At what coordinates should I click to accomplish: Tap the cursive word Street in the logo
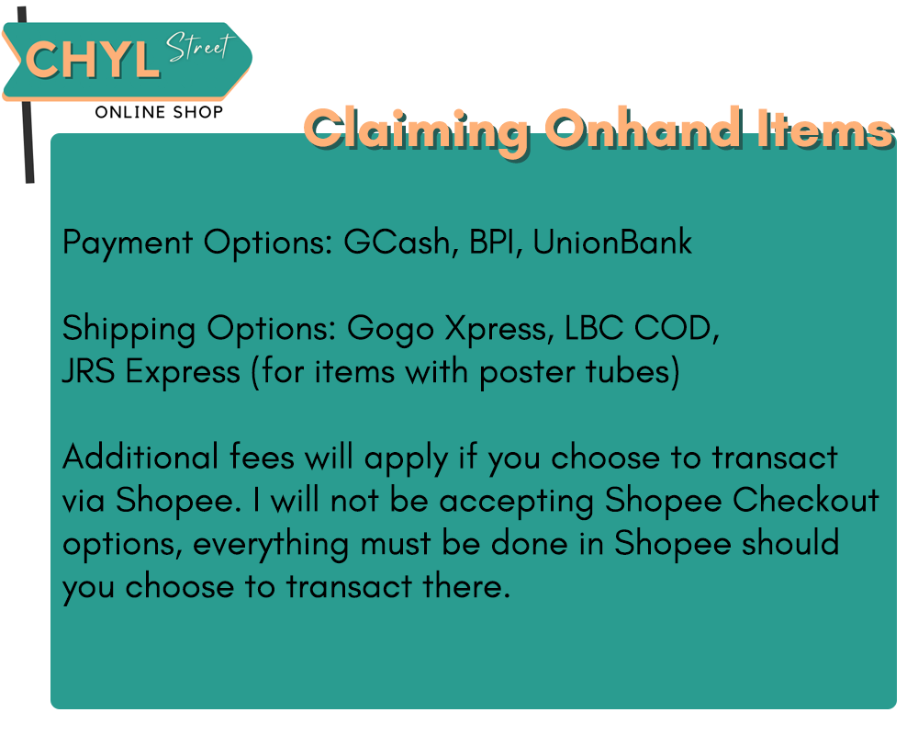[200, 46]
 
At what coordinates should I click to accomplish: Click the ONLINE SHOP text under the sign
[159, 112]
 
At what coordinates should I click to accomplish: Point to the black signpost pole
[27, 141]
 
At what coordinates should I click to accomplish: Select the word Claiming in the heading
[416, 131]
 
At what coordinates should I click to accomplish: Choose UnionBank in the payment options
[612, 242]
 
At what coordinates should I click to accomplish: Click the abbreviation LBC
[594, 328]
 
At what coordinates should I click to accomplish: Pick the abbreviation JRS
[88, 371]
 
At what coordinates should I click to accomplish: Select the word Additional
[140, 457]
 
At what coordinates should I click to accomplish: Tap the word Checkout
[806, 500]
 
